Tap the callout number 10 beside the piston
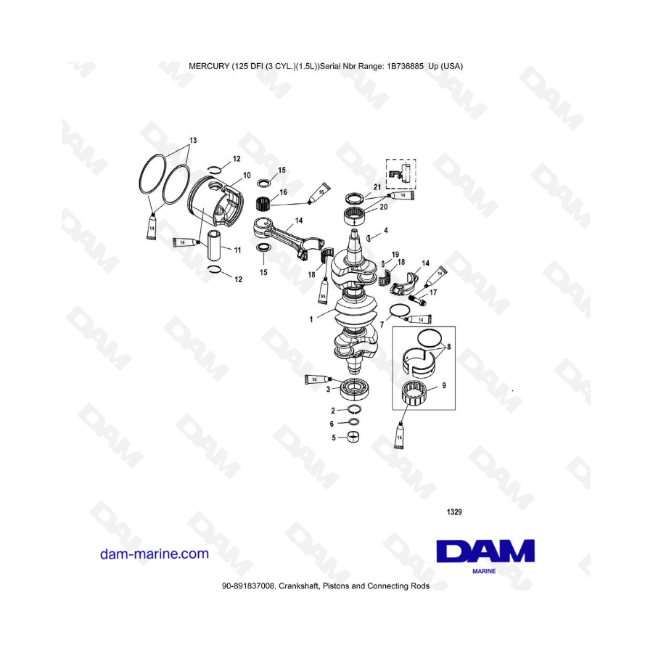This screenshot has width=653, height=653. click(247, 176)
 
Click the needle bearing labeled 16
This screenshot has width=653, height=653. click(269, 200)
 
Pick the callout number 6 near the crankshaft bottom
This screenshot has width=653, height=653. click(332, 424)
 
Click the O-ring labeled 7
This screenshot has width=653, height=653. click(395, 312)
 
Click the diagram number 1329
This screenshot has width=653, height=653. click(453, 512)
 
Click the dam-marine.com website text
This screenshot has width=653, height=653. click(154, 554)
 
